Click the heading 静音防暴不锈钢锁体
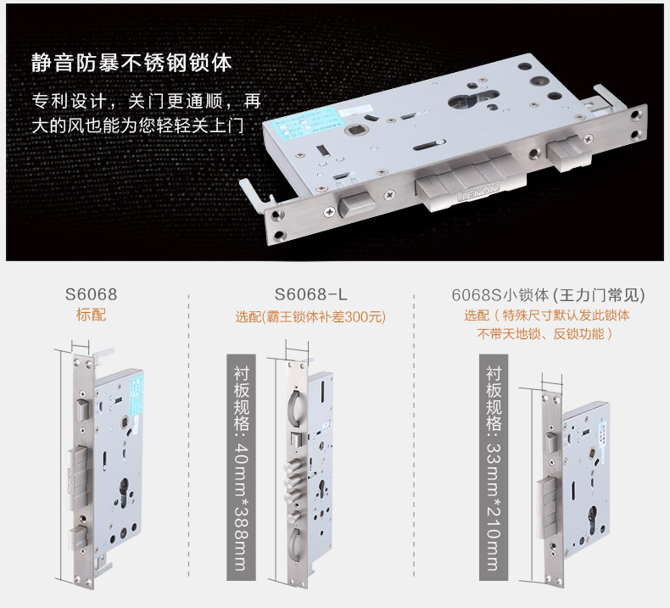click(x=131, y=64)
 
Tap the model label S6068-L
click(x=310, y=294)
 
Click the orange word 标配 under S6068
click(x=91, y=315)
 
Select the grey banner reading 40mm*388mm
click(x=241, y=467)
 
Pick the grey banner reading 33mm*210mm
click(x=494, y=467)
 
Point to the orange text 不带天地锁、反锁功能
click(x=544, y=334)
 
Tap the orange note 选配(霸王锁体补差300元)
click(x=310, y=316)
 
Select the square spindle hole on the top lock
click(x=355, y=129)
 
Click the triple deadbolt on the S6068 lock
click(x=77, y=477)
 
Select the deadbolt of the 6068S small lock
click(x=547, y=508)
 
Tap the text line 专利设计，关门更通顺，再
click(x=146, y=101)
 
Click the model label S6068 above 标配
click(x=91, y=294)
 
